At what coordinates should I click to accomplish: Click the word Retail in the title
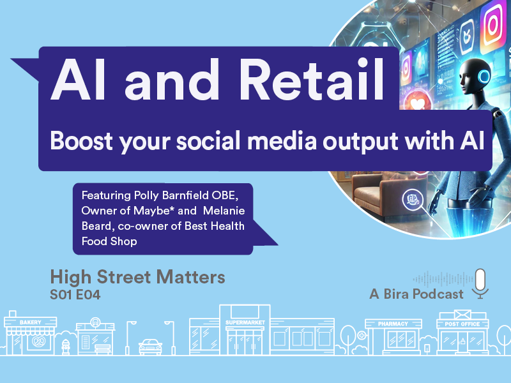(312, 79)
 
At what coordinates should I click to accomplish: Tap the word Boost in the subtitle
(82, 140)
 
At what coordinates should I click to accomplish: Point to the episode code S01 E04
(75, 295)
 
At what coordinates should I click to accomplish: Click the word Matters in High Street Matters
(190, 277)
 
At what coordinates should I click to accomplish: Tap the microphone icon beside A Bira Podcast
(480, 283)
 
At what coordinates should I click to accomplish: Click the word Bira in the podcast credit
(399, 294)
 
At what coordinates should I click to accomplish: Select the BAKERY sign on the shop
(30, 322)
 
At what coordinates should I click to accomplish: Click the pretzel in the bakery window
(38, 342)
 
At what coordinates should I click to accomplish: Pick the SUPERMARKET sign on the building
(245, 322)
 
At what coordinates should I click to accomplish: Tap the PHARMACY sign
(393, 324)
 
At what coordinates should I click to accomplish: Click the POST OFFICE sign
(462, 324)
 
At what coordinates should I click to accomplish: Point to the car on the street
(150, 347)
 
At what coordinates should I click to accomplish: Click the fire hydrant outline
(66, 347)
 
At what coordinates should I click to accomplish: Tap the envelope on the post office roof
(462, 314)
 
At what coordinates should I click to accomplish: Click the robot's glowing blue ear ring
(484, 76)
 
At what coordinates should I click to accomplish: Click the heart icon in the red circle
(418, 103)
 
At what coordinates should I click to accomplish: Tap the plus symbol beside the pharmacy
(362, 335)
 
